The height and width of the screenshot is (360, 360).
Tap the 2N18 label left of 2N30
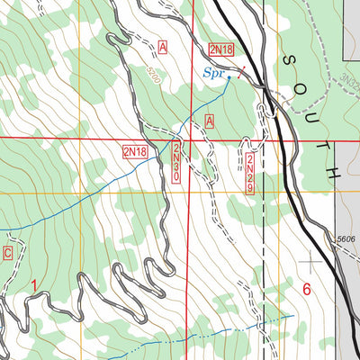135,153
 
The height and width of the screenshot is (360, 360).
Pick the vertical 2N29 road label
249,171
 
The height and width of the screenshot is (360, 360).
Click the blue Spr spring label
211,71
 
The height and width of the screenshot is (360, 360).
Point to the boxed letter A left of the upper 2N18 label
163,46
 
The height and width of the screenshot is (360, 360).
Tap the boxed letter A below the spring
210,121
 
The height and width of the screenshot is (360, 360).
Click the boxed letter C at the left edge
8,254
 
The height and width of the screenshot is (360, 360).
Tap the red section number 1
36,286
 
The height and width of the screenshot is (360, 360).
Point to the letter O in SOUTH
300,86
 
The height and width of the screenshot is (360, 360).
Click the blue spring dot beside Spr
229,78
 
